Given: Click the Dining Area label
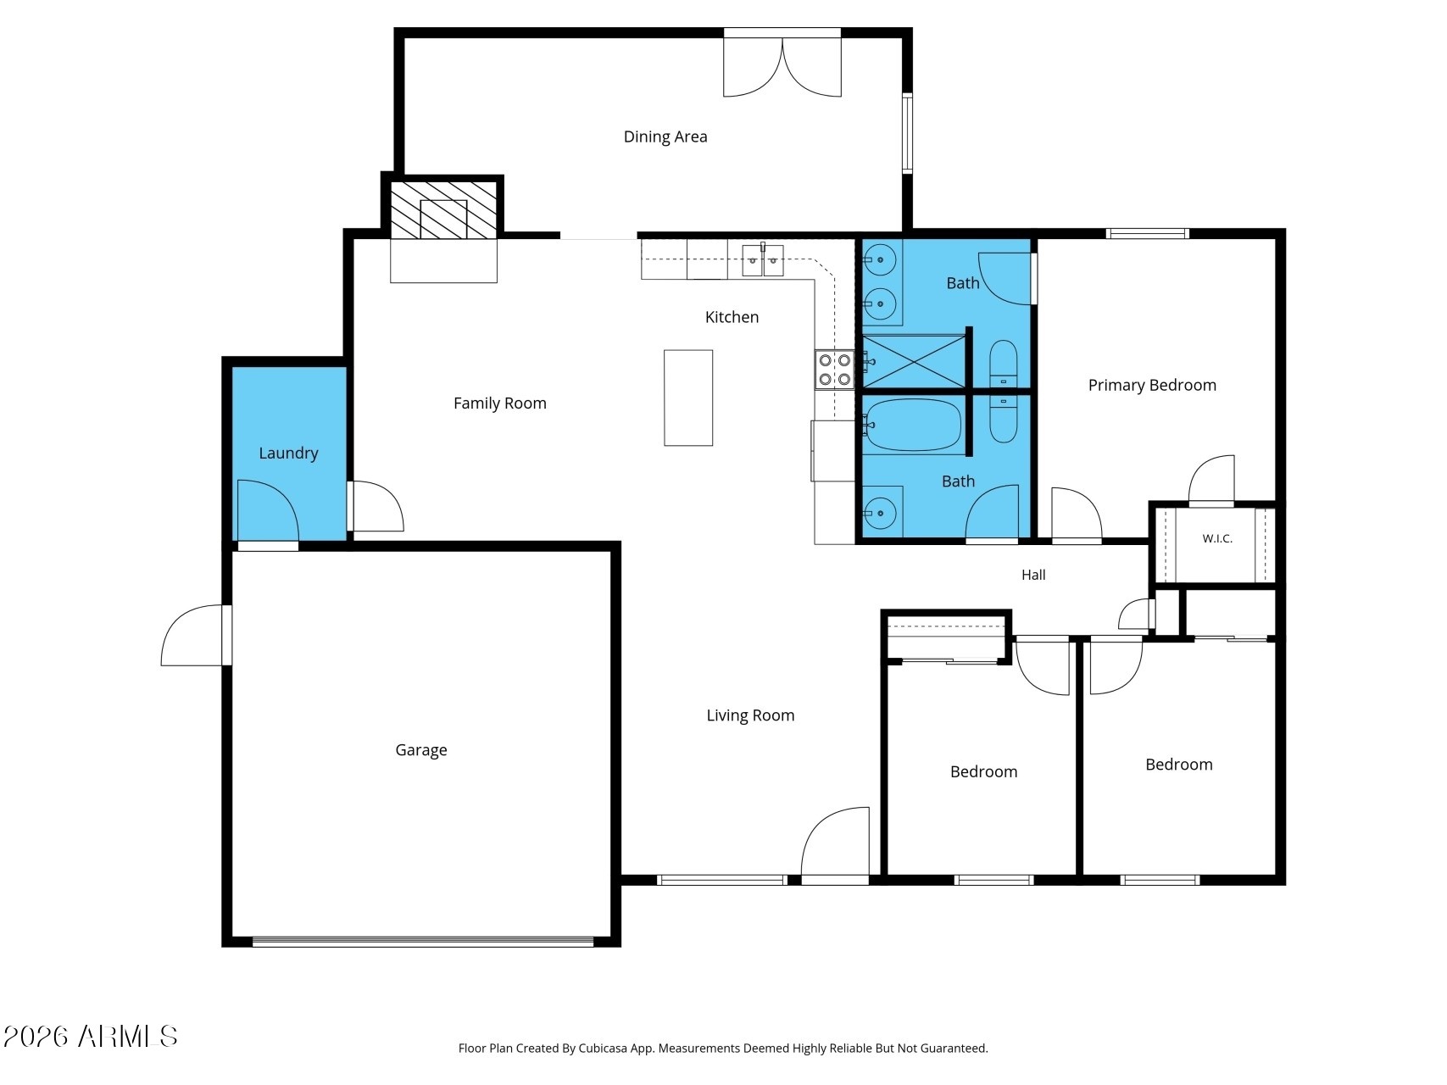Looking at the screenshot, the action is click(x=665, y=136).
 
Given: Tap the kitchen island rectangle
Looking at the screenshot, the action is click(x=688, y=398).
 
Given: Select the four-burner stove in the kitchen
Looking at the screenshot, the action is click(x=834, y=370).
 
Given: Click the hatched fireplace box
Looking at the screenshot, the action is click(x=443, y=209).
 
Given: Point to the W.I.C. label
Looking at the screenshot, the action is click(x=1217, y=538).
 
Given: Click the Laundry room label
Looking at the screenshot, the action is click(x=288, y=453).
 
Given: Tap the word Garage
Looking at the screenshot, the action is click(x=421, y=750).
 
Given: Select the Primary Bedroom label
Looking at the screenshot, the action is click(x=1152, y=386).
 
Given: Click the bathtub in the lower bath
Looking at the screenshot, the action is click(x=913, y=426).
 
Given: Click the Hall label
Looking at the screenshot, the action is click(x=1033, y=575).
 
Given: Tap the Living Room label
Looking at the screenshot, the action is click(x=751, y=715).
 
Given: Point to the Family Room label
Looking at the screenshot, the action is click(x=500, y=403).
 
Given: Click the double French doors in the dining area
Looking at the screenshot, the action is click(x=782, y=64).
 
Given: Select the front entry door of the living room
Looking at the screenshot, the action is click(x=835, y=844).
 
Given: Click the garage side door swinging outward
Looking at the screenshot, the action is click(x=196, y=635).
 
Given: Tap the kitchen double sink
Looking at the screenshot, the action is click(x=763, y=260).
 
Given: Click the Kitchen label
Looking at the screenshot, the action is click(x=732, y=317).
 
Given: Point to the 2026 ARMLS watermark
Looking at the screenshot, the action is click(x=91, y=1036).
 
